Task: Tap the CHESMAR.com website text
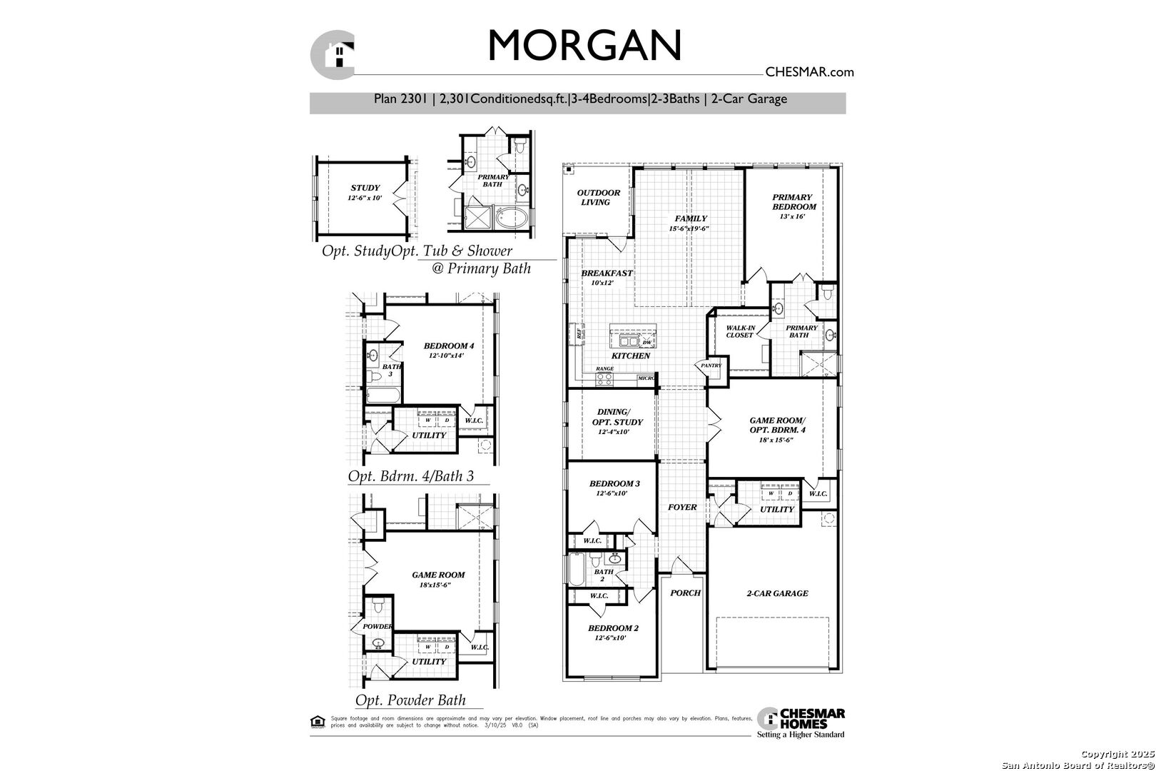808,71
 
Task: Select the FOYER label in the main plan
682,507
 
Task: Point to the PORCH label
685,593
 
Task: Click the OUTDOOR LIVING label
598,197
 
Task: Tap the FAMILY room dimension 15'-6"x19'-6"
689,229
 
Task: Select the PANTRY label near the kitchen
711,366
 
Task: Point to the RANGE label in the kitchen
604,368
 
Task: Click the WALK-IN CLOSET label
740,331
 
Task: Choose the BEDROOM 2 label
613,628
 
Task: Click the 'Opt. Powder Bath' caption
410,700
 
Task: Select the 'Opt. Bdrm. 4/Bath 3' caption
410,476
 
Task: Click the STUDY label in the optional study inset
365,188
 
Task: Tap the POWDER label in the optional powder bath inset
377,626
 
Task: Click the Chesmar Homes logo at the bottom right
801,722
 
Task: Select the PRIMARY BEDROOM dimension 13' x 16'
792,216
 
